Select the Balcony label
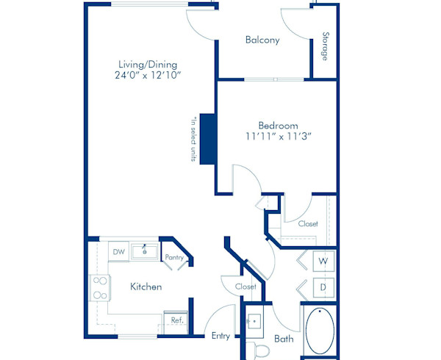pos(262,40)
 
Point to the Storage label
pos(325,47)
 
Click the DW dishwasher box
pos(118,252)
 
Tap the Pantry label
pos(174,257)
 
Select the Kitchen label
pos(146,287)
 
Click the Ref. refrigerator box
pos(177,320)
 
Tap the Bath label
pos(284,339)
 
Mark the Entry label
pos(220,336)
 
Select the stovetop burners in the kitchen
pos(98,288)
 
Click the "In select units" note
pos(193,140)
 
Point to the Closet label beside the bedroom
pos(308,223)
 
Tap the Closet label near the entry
pos(245,287)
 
